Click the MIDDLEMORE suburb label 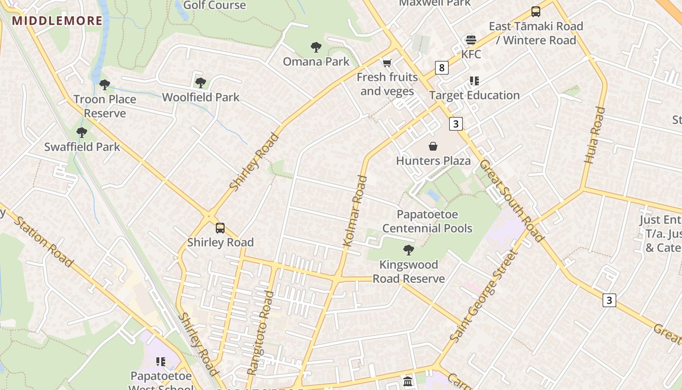coord(57,20)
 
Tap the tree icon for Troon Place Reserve coord(104,85)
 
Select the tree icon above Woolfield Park coord(200,82)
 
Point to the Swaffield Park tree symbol coord(82,132)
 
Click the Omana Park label coord(316,61)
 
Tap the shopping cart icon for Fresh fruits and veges coord(387,63)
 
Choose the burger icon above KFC coord(471,39)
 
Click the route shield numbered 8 coord(441,68)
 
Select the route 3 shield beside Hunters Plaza coord(455,124)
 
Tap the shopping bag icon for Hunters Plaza coord(433,146)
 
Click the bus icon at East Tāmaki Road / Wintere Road coord(535,12)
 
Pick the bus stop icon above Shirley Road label coord(220,228)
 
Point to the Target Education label coord(474,95)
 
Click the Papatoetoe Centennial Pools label coord(427,221)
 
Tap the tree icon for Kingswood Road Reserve coord(408,250)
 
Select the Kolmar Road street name coord(355,211)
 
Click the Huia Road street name coord(594,135)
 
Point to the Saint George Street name coord(482,296)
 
